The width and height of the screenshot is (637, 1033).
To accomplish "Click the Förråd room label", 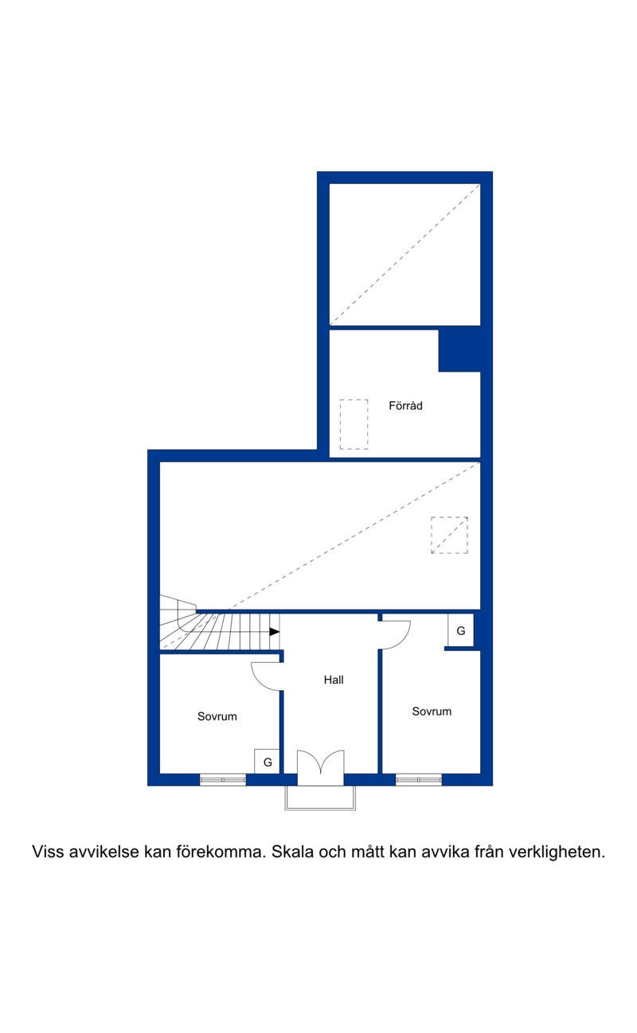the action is point(405,406).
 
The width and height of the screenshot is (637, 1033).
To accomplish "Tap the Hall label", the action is point(334,680).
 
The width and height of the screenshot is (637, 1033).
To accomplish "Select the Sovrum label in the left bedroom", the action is point(217,716).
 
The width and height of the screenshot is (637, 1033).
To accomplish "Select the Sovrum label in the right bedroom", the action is point(432,711).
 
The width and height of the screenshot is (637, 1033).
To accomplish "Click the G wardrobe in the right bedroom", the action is point(461,630).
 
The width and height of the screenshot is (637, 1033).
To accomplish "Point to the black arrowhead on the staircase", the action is point(275,632).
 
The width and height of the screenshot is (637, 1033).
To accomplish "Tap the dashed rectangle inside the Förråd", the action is point(354,424).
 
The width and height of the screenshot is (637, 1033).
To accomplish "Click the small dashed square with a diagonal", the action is point(449,535).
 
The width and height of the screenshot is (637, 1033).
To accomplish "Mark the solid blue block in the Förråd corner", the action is point(459,350).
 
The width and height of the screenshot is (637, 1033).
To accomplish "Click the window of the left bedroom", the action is point(223,779).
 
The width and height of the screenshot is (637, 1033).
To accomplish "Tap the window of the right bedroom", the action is point(418,779).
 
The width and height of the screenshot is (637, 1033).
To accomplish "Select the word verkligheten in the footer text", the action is point(557,852).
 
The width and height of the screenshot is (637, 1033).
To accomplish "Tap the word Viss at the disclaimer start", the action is point(48,852).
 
